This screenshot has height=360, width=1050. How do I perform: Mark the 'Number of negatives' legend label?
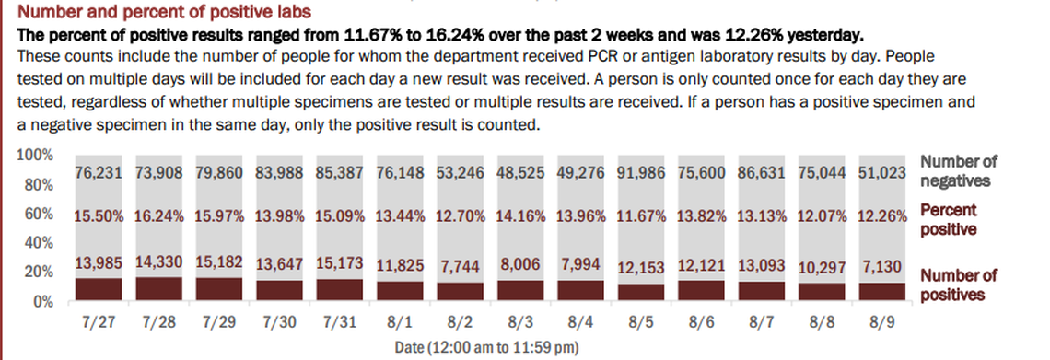point(958,171)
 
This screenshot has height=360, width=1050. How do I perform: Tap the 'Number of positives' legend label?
point(958,285)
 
